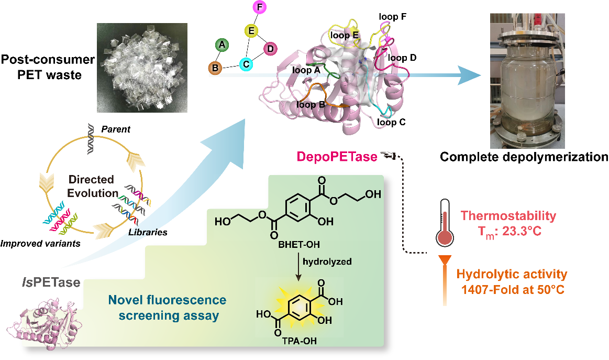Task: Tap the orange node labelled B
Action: tap(214, 67)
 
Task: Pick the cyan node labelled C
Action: tap(245, 64)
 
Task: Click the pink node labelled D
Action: tap(270, 49)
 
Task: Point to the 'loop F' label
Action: tap(392, 17)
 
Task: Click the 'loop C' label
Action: tap(392, 123)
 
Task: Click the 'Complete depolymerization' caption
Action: tap(524, 157)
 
